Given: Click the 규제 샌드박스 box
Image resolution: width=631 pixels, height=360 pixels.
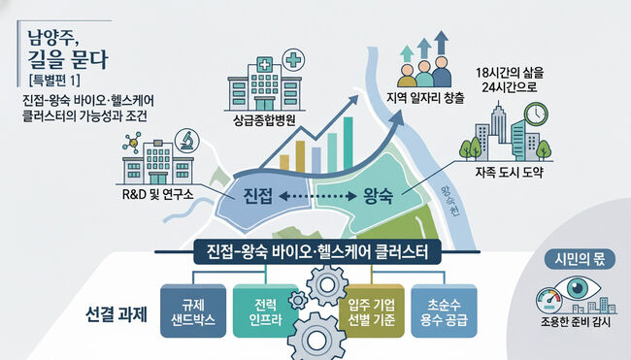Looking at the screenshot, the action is tap(193, 311).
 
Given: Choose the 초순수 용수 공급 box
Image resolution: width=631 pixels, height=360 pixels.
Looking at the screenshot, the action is tap(444, 311).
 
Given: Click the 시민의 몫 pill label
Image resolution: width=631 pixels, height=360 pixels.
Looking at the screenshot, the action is tap(580, 259).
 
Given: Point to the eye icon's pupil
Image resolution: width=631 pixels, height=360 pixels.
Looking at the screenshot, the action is tap(578, 287).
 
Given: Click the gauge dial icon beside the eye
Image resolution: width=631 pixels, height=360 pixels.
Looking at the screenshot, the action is tap(548, 301).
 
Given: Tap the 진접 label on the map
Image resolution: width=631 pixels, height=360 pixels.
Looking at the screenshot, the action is tap(257, 196).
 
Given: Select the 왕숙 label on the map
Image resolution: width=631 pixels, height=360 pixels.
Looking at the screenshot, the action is tap(378, 196).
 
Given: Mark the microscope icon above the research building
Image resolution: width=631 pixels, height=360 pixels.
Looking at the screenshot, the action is tap(186, 140).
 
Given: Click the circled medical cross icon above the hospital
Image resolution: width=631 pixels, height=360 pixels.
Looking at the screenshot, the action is tap(293, 60).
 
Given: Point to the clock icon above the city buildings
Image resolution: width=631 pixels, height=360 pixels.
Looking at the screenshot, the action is tap(536, 115).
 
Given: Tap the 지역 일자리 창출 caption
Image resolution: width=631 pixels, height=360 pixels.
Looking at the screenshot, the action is tap(425, 98).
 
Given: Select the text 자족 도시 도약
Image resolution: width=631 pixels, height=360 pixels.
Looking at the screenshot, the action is tap(509, 172).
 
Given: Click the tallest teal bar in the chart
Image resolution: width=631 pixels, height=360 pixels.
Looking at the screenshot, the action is tap(349, 144).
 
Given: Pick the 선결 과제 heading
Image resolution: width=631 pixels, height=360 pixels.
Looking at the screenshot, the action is tap(116, 314).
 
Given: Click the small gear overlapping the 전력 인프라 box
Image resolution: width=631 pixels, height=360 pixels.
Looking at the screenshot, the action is tap(298, 300).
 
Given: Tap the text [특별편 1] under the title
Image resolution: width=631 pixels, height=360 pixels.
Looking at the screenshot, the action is tap(54, 80).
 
